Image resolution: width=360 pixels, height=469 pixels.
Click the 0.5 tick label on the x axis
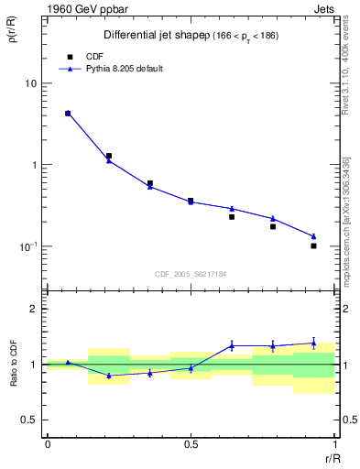click(191, 444)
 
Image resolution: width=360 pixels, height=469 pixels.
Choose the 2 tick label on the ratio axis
click(35, 309)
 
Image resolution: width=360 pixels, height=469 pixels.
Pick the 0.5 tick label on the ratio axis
click(29, 420)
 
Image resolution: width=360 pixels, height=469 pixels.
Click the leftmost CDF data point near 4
click(68, 114)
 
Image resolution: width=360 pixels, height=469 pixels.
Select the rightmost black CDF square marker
click(313, 245)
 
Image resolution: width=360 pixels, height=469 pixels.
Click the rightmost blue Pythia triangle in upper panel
click(313, 236)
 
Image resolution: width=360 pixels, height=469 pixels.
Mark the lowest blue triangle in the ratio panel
click(109, 376)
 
